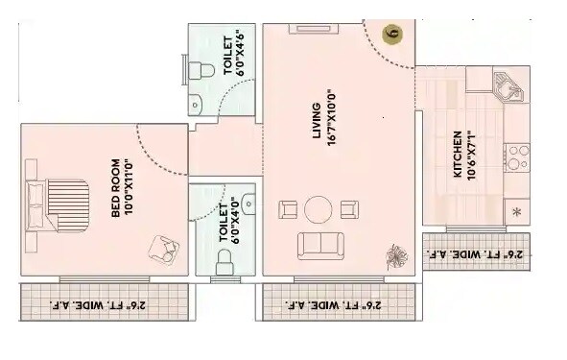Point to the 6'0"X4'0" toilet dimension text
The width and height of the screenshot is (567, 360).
tap(224, 221)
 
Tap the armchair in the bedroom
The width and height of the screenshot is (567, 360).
tap(162, 249)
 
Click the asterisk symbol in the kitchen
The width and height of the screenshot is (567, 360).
tap(517, 211)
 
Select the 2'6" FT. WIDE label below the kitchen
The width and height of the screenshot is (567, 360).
tap(476, 255)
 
